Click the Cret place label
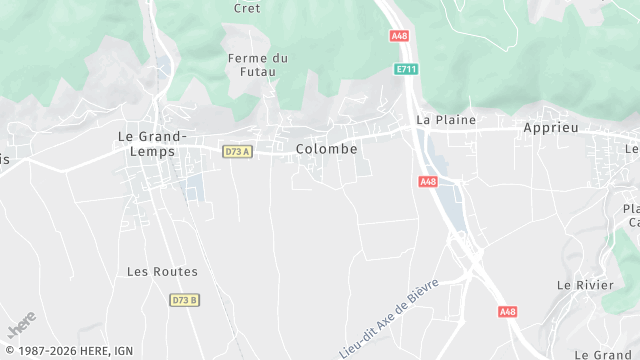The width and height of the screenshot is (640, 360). click(x=246, y=8)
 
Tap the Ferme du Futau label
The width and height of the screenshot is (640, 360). click(x=257, y=65)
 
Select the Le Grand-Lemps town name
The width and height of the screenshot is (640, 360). click(x=153, y=143)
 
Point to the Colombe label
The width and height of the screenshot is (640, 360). click(x=326, y=149)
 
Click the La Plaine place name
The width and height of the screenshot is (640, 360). click(x=446, y=120)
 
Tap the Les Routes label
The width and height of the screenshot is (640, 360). click(x=162, y=271)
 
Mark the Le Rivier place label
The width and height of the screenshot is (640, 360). click(x=584, y=285)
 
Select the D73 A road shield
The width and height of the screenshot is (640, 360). click(x=237, y=151)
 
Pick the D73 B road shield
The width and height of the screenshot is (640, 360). click(x=184, y=300)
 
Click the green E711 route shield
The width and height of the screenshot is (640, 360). click(x=406, y=69)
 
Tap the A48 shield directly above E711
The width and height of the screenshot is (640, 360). click(x=399, y=36)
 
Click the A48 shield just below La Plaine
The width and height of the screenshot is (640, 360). click(x=428, y=181)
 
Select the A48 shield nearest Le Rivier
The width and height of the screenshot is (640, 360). click(x=508, y=312)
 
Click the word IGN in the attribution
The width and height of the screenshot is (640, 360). click(x=124, y=351)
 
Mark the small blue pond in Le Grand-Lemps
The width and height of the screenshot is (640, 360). click(x=194, y=187)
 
